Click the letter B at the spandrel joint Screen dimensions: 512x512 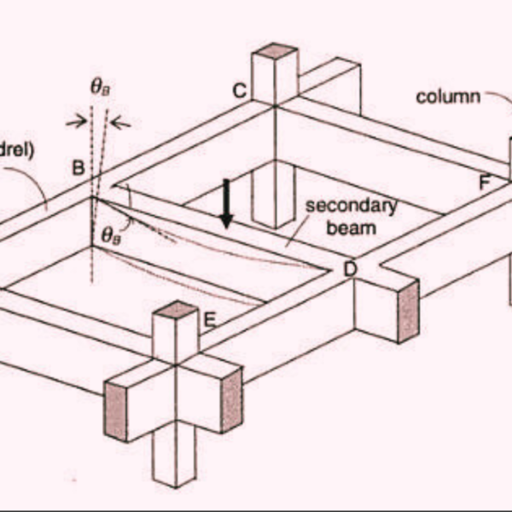tap(78, 167)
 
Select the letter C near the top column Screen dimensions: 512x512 tap(240, 90)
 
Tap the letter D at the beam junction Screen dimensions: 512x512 tap(350, 270)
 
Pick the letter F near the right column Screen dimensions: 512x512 tap(485, 181)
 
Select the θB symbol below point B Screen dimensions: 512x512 tap(111, 236)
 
